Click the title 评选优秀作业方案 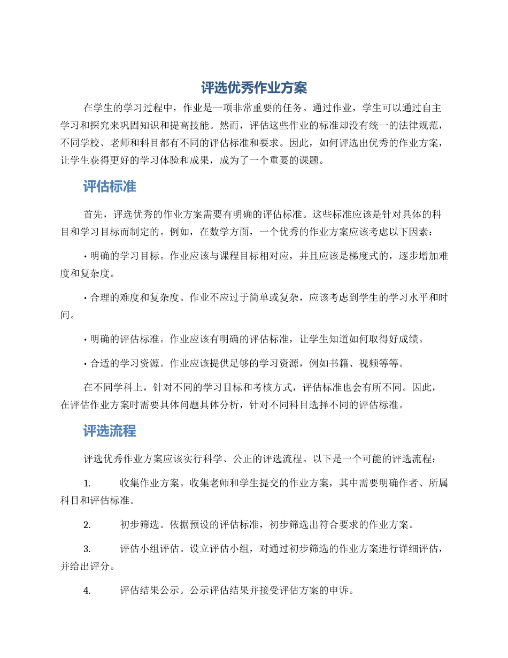pos(254,88)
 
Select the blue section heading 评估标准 pos(110,187)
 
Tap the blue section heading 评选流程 pos(110,431)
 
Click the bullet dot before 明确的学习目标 pos(86,256)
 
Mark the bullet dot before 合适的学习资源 pos(86,364)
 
